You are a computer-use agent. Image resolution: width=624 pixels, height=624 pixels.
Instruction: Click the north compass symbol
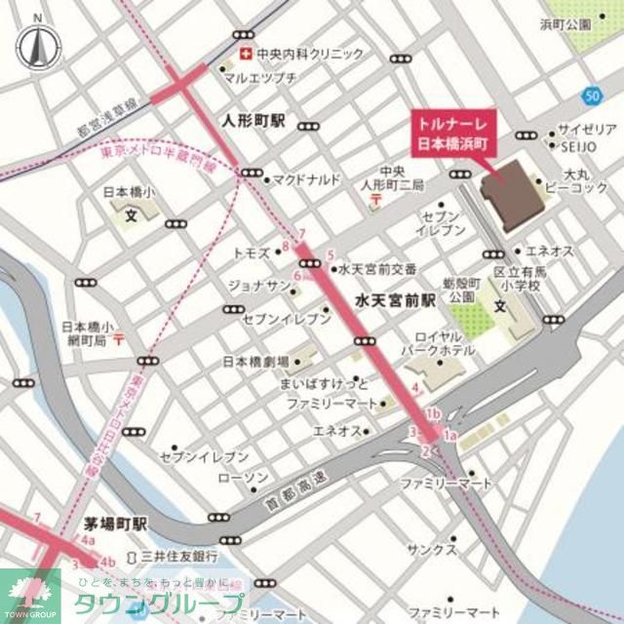point(37,44)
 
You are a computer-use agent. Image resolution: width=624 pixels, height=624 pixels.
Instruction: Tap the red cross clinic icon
point(247,54)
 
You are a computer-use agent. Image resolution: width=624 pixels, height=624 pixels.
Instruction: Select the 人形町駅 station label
point(253,122)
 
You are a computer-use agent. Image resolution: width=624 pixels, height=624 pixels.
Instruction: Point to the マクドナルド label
point(306,179)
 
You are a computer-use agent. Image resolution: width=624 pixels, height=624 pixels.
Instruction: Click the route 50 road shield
point(594,95)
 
